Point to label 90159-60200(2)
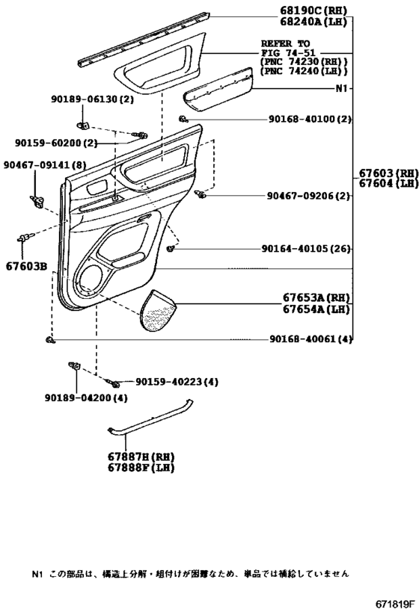[56, 143]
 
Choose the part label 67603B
[26, 265]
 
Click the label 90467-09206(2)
[308, 196]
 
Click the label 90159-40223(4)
[177, 382]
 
